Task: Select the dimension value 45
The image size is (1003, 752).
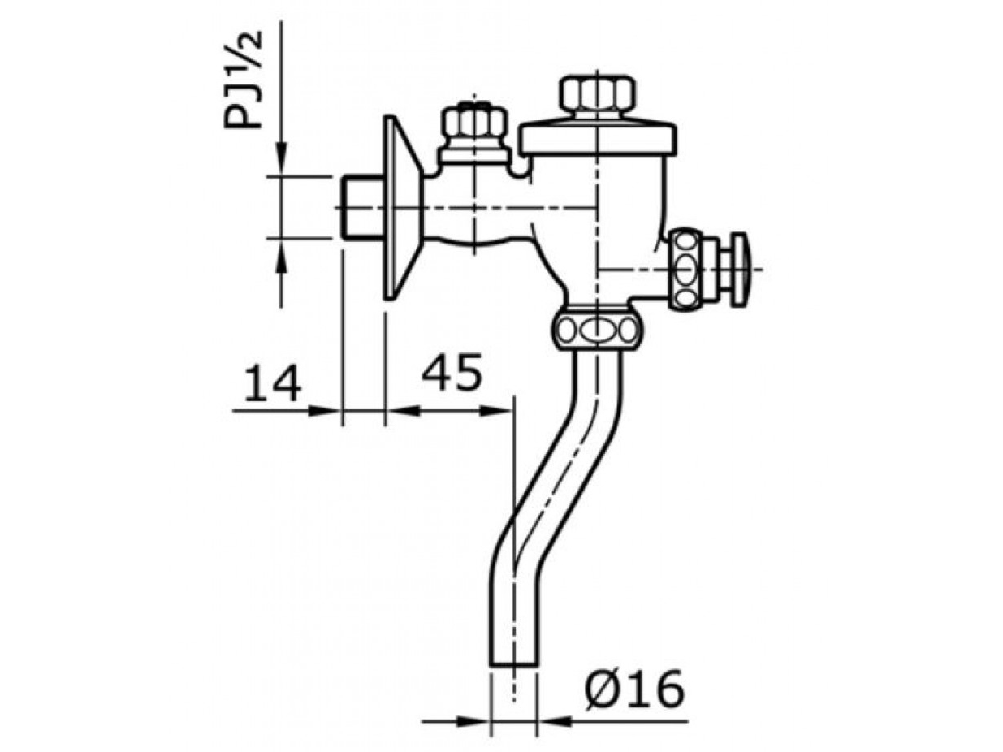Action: coord(452,372)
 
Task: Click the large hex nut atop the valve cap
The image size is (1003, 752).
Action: coord(598,95)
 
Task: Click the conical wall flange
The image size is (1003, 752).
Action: coord(401,208)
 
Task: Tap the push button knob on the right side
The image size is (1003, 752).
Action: coord(737,268)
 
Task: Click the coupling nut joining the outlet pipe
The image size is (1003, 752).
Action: coord(597,330)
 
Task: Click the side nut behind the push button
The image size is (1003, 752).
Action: coord(688,268)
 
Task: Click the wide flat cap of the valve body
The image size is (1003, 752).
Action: coord(598,138)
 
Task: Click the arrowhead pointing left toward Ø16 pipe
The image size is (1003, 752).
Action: coord(552,720)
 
